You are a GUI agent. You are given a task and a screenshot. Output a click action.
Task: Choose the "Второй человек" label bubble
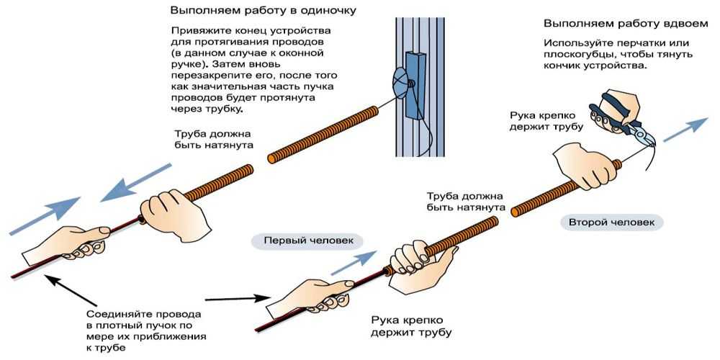pos(611,222)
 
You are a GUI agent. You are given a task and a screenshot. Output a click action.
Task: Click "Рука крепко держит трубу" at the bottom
pos(411,325)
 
